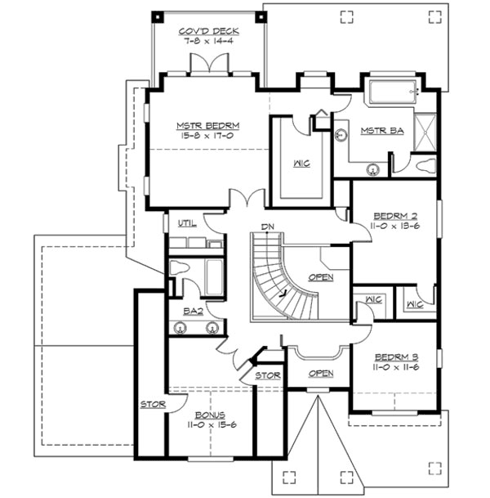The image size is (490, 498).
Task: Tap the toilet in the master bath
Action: (x=425, y=165)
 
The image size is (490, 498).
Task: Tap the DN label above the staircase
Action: (x=266, y=226)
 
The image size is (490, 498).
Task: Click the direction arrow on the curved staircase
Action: (x=283, y=290)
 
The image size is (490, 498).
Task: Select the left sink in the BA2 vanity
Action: (x=181, y=329)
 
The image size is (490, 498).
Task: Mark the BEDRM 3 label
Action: (x=395, y=357)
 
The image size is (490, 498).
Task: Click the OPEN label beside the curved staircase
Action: (x=321, y=277)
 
